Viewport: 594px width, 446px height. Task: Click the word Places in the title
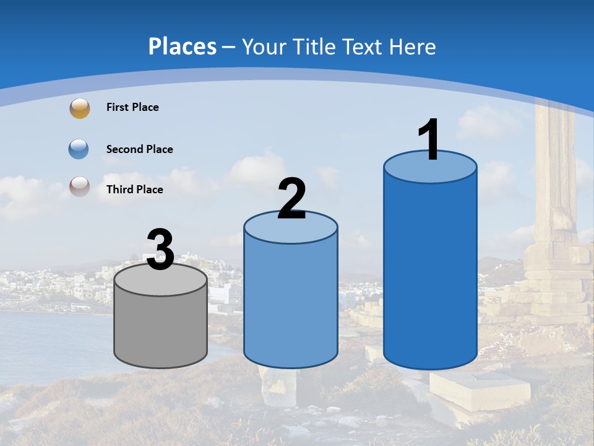click(183, 46)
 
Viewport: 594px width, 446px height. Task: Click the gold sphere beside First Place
click(79, 108)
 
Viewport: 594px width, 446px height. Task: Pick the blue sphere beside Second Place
click(79, 149)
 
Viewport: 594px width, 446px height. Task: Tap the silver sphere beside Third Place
click(79, 186)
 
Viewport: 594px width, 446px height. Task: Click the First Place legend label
click(132, 107)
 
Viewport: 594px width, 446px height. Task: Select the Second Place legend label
click(139, 149)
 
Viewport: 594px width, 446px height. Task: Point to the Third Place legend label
click(134, 190)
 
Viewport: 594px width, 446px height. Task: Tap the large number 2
click(291, 199)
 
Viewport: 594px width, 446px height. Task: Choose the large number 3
click(160, 250)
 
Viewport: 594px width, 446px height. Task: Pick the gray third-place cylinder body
click(160, 328)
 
